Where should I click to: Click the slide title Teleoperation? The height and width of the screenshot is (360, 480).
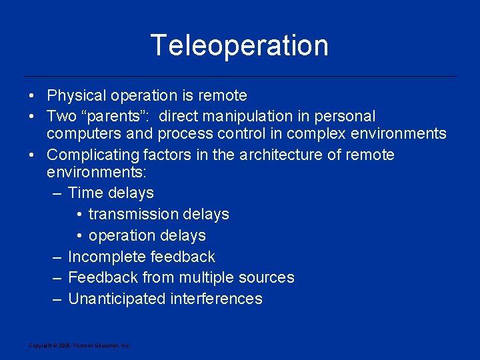coord(239,45)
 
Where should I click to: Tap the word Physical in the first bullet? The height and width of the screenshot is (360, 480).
coord(75,95)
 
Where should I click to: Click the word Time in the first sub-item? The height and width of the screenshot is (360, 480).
coord(85,193)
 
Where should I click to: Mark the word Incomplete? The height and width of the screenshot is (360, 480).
coord(107,257)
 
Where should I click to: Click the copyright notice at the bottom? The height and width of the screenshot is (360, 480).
coord(79,345)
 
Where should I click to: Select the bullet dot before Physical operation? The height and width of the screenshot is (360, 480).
coord(32,95)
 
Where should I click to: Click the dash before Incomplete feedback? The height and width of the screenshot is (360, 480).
coord(58,257)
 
